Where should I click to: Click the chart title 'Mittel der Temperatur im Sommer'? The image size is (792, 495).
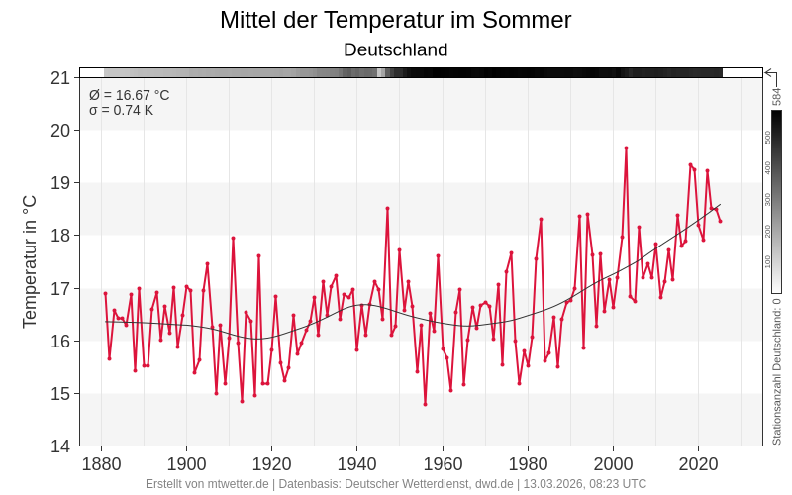pyautogui.click(x=395, y=20)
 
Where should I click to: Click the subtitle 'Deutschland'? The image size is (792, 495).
pyautogui.click(x=395, y=49)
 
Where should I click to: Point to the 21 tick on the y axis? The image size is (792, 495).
pyautogui.click(x=59, y=78)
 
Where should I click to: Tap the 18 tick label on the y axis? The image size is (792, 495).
pyautogui.click(x=59, y=236)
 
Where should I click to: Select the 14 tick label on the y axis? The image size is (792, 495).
pyautogui.click(x=59, y=446)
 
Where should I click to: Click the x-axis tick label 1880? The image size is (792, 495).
pyautogui.click(x=101, y=464)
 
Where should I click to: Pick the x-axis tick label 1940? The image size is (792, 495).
pyautogui.click(x=356, y=464)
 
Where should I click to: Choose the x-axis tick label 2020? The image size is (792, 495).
pyautogui.click(x=699, y=464)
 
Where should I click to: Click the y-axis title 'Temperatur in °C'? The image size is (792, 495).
pyautogui.click(x=30, y=261)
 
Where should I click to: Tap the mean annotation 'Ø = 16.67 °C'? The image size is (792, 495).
pyautogui.click(x=129, y=95)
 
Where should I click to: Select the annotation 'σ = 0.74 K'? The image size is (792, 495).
pyautogui.click(x=121, y=110)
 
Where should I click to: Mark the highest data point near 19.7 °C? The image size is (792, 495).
pyautogui.click(x=626, y=148)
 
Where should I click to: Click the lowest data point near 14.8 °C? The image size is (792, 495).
pyautogui.click(x=425, y=404)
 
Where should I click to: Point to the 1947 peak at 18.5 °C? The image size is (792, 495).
pyautogui.click(x=387, y=208)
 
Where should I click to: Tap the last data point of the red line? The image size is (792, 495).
pyautogui.click(x=720, y=221)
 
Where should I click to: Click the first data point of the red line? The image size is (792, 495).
pyautogui.click(x=105, y=293)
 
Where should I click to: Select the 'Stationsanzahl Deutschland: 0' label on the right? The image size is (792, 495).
pyautogui.click(x=777, y=371)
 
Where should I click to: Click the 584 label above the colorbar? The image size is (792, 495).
pyautogui.click(x=777, y=96)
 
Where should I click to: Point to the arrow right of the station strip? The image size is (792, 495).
pyautogui.click(x=769, y=72)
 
